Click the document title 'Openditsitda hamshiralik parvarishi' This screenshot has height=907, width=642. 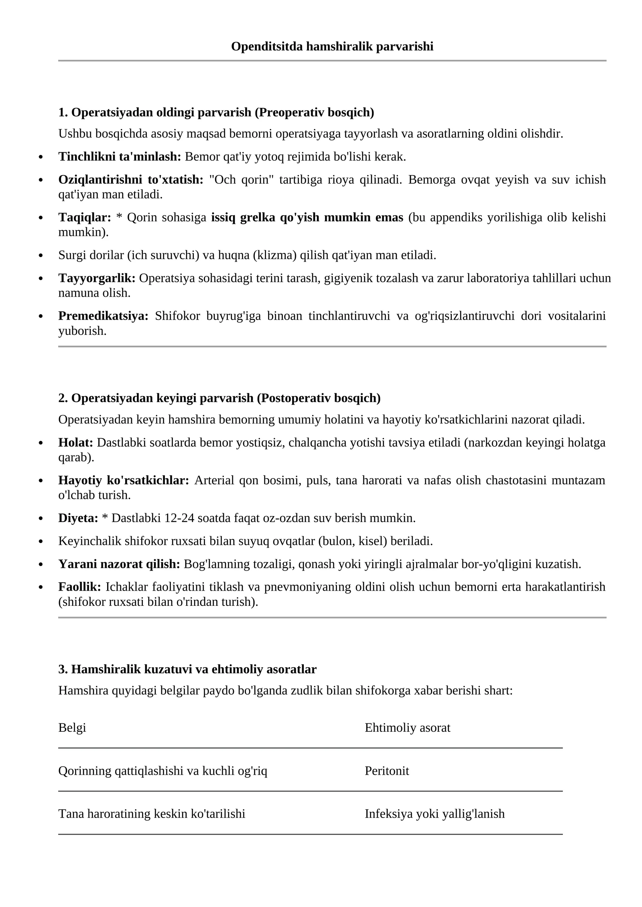tap(332, 47)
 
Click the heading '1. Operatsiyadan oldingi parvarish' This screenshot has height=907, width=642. tap(216, 112)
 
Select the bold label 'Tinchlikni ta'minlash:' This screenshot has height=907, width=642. tap(120, 156)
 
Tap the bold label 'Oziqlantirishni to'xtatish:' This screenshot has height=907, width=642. tap(131, 179)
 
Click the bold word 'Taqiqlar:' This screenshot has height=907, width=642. tap(85, 217)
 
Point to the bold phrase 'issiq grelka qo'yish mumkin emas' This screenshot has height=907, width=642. tap(307, 217)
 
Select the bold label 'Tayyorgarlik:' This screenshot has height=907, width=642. tap(97, 277)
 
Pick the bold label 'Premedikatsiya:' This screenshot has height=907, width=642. tap(103, 316)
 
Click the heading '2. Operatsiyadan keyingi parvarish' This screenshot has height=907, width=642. tap(219, 398)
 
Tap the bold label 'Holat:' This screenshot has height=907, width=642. tap(75, 442)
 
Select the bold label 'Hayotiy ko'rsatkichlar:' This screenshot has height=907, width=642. tap(124, 480)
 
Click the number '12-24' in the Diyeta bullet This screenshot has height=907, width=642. tap(179, 518)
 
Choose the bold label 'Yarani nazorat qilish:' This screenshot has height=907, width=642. tap(119, 564)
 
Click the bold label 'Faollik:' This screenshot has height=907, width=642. tap(79, 587)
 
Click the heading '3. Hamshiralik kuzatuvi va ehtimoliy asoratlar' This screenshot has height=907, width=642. tap(187, 669)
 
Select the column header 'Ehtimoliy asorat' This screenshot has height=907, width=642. tap(407, 727)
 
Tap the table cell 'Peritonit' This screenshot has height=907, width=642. tap(386, 771)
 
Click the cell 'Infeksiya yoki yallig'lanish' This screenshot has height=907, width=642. tap(434, 814)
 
